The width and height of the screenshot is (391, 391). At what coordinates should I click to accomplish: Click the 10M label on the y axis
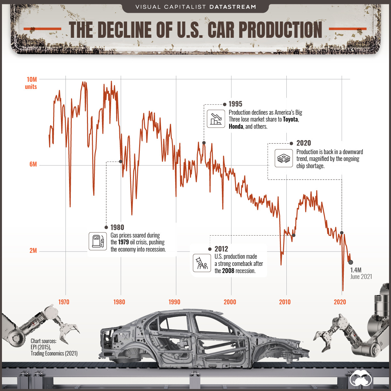32,80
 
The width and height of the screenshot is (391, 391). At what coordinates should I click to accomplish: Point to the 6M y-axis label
33,164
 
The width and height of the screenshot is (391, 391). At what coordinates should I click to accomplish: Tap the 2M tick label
33,251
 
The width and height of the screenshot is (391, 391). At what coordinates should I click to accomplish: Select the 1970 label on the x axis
64,302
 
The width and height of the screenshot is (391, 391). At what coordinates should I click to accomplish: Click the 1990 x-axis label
174,302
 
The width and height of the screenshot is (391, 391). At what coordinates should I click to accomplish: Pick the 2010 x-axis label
285,302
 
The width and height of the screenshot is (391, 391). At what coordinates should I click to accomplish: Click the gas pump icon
98,241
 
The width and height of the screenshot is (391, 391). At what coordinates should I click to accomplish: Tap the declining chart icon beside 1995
216,119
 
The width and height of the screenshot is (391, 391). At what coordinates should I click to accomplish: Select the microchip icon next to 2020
283,159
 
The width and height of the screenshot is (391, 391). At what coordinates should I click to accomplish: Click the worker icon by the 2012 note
202,263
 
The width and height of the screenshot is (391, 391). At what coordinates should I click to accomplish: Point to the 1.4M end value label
356,270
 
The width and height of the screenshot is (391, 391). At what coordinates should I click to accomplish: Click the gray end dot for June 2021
351,262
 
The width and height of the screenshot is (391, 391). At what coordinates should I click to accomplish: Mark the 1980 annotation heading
117,227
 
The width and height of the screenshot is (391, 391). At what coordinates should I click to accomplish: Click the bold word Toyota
290,119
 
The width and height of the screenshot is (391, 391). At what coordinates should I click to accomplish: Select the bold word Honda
236,126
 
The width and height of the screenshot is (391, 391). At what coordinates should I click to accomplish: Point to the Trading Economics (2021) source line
54,354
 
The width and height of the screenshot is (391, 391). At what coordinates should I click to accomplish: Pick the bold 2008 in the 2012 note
228,271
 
